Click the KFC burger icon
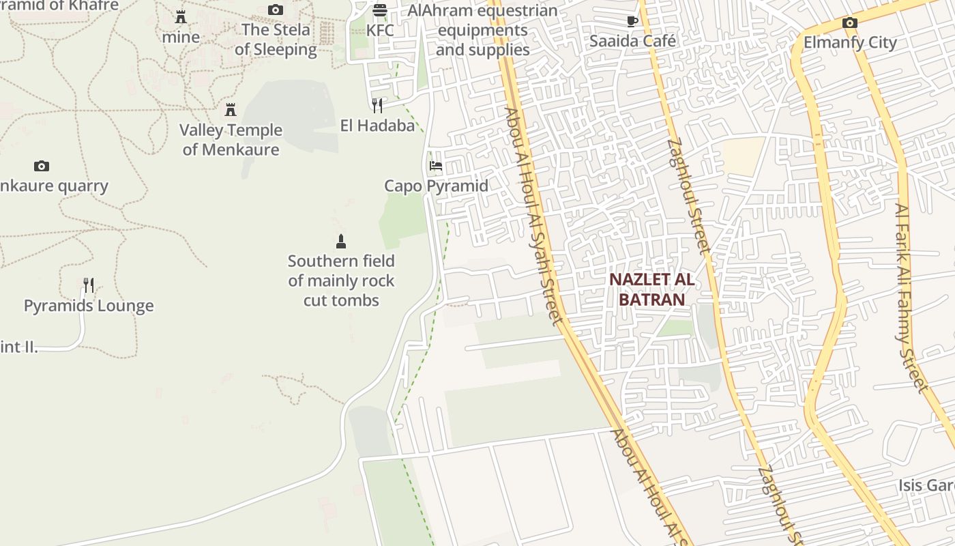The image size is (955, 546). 380,10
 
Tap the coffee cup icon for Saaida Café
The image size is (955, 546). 632,21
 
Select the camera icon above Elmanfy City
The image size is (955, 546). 849,23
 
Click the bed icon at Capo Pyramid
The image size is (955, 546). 436,166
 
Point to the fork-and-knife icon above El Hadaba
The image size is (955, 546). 377,105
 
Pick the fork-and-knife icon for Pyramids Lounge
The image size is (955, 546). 89,285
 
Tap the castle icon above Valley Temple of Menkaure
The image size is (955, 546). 231,110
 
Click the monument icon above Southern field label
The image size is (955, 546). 341,241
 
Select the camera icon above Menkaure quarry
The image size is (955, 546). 42,166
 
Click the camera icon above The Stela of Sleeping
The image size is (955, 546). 276,10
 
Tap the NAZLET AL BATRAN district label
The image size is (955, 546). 651,289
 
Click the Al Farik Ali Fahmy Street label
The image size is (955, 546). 912,298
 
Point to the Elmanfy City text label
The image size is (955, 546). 850,42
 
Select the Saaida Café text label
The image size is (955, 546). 632,41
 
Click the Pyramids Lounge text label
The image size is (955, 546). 89,306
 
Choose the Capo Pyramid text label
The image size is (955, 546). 436,186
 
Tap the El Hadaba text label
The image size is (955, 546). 377,126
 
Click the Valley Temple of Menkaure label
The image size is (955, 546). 231,140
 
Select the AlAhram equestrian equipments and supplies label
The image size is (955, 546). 483,31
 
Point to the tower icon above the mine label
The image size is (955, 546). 181,17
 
